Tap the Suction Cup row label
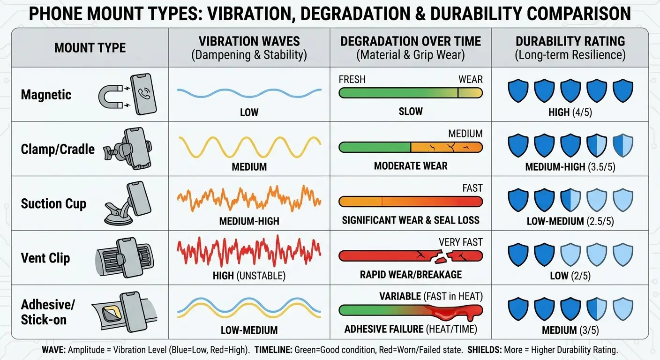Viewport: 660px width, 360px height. point(53,203)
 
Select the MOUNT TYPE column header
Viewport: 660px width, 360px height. point(90,48)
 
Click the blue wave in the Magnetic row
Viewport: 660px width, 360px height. point(249,93)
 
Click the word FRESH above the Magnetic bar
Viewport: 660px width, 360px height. point(352,80)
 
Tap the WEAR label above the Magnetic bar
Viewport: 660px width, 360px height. point(471,80)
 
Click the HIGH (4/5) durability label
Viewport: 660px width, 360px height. point(570,112)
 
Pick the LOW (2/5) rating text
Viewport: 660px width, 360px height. point(570,276)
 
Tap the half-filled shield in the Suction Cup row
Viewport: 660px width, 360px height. point(570,200)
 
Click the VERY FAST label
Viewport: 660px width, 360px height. point(461,242)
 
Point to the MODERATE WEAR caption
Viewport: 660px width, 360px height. point(411,166)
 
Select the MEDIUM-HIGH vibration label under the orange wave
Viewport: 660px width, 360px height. point(249,221)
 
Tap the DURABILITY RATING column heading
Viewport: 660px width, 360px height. point(570,42)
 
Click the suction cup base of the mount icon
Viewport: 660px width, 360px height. point(118,218)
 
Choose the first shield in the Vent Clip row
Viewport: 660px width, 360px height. point(518,254)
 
